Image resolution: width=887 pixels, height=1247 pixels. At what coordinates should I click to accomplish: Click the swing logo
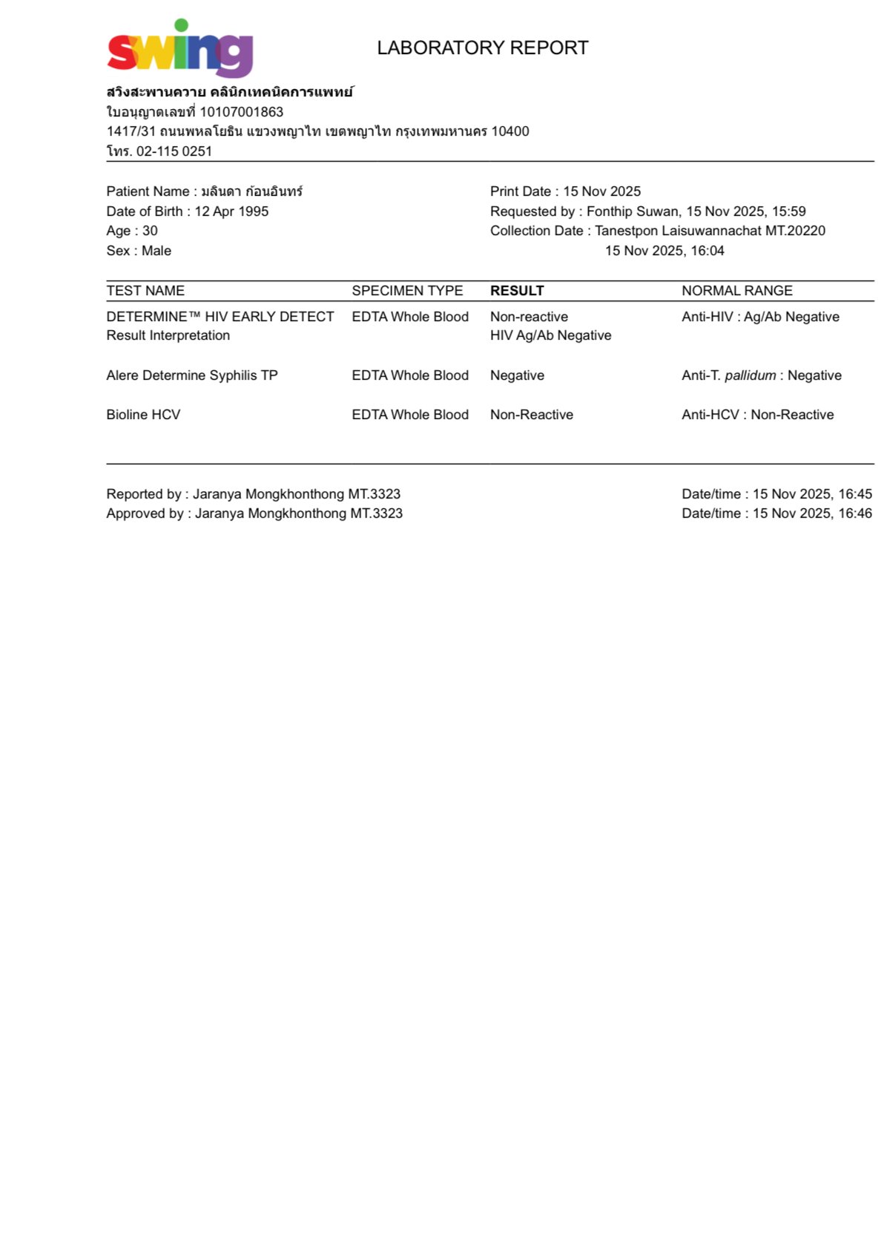pos(180,49)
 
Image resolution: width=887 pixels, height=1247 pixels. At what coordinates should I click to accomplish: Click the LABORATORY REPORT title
pos(482,48)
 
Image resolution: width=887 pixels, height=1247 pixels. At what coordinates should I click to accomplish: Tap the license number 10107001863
pos(241,112)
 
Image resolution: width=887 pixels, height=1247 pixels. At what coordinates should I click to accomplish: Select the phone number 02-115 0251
pos(174,151)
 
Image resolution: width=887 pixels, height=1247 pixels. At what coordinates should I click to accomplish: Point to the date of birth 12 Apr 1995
pos(231,211)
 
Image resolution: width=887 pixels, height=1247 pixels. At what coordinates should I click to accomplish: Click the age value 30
pos(150,231)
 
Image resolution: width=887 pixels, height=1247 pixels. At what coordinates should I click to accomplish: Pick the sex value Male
pos(156,251)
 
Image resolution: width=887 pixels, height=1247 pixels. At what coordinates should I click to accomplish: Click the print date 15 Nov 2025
pos(601,191)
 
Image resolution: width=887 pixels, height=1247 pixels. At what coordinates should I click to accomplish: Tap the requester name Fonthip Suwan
pos(633,211)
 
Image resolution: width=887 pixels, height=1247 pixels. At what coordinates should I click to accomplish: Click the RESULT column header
pos(517,291)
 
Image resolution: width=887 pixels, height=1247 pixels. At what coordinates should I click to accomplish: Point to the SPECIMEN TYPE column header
pos(407,291)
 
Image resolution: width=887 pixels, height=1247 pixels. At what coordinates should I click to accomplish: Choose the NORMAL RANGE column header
pos(736,291)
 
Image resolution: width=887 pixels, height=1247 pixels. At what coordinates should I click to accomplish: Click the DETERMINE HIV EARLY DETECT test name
pos(220,317)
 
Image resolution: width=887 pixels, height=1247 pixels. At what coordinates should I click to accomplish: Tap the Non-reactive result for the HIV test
pos(529,317)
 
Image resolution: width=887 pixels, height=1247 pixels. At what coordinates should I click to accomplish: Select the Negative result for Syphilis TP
pos(517,375)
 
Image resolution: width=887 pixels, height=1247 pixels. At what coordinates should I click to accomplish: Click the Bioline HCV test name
pos(143,415)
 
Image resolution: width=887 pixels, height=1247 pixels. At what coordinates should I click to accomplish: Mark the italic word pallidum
pos(750,375)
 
